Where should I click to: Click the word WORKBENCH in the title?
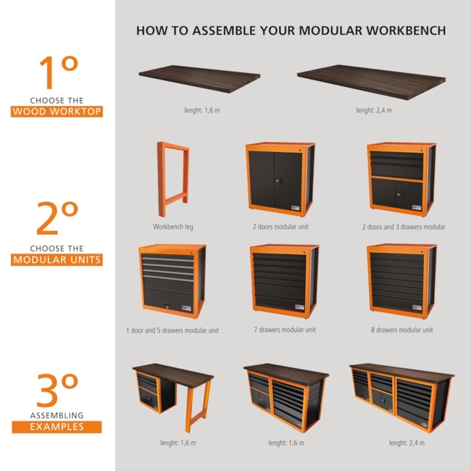(x=406, y=30)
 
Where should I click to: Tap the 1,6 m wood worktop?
(x=199, y=78)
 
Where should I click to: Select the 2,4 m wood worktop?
(x=371, y=81)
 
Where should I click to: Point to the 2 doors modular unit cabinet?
(x=280, y=179)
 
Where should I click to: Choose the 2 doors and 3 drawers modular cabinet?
(x=401, y=179)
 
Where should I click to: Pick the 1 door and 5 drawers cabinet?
(x=172, y=281)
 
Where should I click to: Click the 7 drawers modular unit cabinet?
(x=284, y=281)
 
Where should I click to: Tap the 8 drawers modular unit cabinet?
(x=401, y=281)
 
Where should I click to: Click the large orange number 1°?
(x=59, y=72)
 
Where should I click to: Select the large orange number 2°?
(x=57, y=218)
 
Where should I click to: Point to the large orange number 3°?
(x=57, y=390)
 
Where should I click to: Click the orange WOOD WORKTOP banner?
(x=57, y=112)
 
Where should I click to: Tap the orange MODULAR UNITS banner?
(x=57, y=260)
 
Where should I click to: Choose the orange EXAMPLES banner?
(x=57, y=427)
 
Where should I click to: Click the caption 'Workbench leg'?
(x=173, y=227)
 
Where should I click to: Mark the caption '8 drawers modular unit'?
(x=402, y=330)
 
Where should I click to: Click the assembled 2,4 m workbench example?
(x=402, y=397)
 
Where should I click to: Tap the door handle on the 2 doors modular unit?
(x=278, y=181)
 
